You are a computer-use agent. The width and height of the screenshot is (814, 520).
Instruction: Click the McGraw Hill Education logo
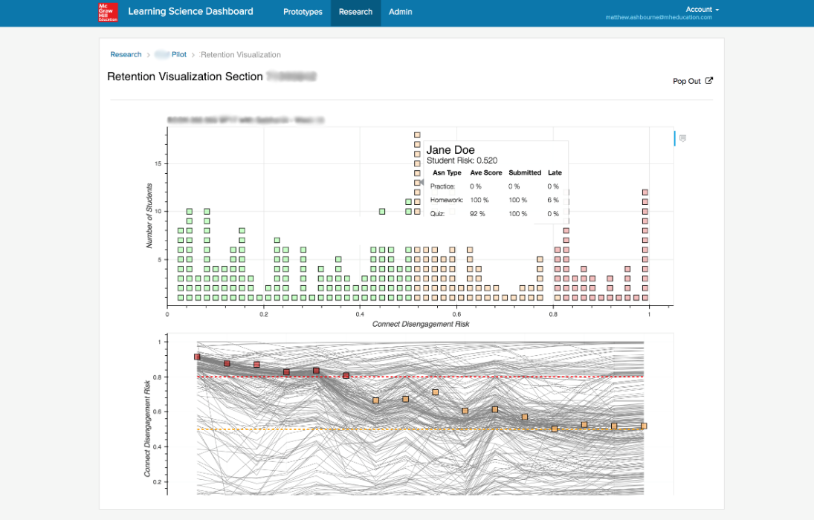coord(108,12)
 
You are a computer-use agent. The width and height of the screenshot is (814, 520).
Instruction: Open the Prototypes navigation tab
coord(303,12)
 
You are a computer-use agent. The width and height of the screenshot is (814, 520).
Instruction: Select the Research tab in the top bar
coord(355,12)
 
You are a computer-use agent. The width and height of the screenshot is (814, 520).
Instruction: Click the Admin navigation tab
coord(400,12)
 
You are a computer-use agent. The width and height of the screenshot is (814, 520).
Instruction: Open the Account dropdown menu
coord(702,10)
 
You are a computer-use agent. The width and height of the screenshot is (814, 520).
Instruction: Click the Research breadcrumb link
coord(126,55)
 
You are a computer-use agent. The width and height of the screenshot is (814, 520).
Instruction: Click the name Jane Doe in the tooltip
coord(450,150)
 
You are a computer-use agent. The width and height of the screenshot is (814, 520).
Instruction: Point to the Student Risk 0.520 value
coord(462,160)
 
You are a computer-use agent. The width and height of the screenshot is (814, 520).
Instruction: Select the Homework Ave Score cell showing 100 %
coord(479,200)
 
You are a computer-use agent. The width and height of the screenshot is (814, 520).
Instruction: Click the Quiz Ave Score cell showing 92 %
coord(477,214)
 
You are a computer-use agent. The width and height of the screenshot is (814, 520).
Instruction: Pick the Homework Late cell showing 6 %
coord(553,200)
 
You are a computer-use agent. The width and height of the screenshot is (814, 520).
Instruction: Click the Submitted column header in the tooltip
coord(524,173)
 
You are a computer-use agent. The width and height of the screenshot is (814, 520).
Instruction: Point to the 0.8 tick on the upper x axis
coord(552,314)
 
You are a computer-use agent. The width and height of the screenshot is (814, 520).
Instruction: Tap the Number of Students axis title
coord(149,215)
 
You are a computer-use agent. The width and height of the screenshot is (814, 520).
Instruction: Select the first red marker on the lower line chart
coord(197,357)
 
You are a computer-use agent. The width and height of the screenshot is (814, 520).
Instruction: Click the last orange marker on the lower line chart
coord(644,426)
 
